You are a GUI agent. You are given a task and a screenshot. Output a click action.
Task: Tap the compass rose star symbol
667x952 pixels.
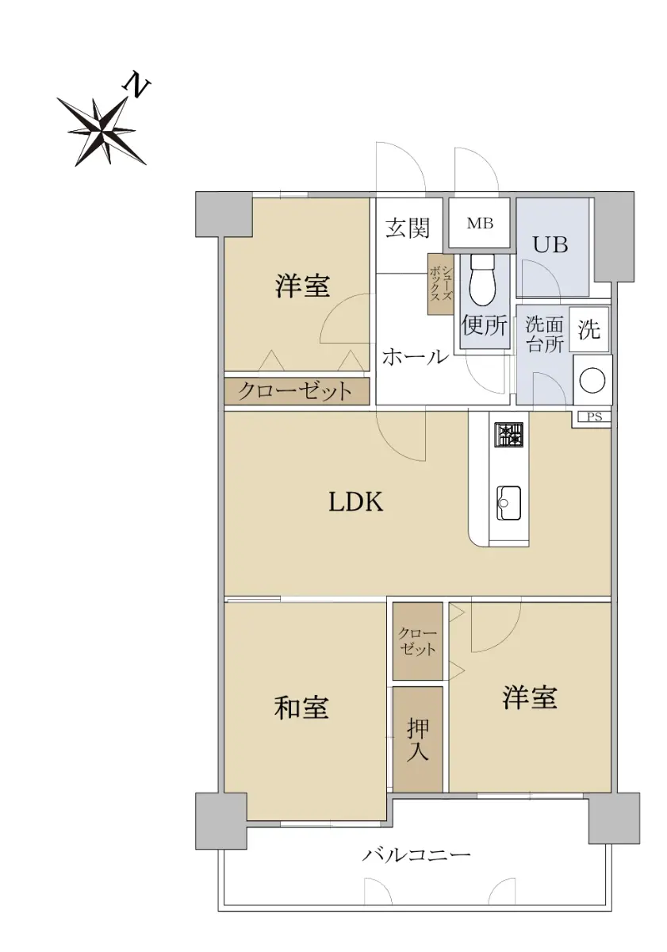[102, 130]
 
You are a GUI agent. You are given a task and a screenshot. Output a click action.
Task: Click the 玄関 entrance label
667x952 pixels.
[407, 228]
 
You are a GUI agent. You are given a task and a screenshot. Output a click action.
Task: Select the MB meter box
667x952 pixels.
[479, 223]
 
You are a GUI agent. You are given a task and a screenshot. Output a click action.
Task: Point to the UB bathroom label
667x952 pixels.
[550, 245]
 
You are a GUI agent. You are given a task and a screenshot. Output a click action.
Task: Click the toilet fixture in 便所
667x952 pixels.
[483, 279]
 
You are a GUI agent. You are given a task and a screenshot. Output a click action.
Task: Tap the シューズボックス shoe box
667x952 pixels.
[440, 284]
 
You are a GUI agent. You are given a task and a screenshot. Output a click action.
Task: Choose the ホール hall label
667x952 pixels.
[415, 357]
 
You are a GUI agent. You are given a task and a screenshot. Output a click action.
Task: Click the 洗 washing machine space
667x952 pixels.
[589, 329]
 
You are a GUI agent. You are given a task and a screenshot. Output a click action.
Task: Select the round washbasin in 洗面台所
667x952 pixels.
[592, 380]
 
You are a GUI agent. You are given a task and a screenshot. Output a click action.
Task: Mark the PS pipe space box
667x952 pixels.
[593, 417]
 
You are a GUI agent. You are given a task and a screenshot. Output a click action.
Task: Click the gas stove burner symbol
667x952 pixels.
[508, 436]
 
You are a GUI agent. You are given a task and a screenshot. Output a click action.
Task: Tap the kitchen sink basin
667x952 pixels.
[508, 503]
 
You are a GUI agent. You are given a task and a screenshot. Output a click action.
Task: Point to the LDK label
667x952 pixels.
[355, 501]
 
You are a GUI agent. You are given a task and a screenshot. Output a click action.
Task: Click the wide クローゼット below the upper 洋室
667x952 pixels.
[296, 391]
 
